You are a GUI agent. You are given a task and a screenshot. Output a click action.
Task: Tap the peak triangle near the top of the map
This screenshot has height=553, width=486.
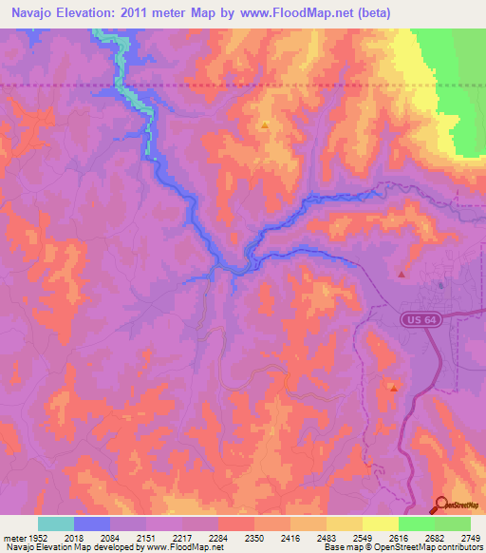coord(265,124)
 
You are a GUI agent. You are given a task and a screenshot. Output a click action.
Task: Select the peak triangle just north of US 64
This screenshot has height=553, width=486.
coord(402,274)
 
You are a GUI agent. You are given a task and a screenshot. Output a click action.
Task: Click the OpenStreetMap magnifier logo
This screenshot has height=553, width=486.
coord(441,505)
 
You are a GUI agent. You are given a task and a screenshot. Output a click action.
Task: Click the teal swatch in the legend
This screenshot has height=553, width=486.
coord(56,524)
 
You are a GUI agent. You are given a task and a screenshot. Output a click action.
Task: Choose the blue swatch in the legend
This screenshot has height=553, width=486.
coord(92,524)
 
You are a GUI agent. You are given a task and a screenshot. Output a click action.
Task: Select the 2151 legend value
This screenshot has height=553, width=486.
coord(146,537)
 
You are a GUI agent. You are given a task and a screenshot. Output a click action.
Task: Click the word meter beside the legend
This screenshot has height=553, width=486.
coord(12,537)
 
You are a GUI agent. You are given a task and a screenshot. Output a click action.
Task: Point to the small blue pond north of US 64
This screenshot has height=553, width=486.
coord(441,285)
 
